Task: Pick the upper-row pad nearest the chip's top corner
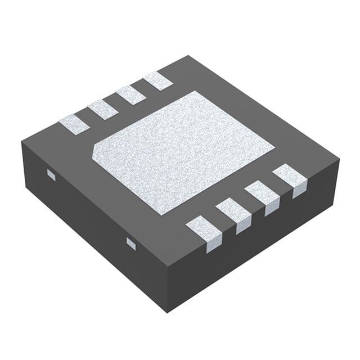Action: (157, 81)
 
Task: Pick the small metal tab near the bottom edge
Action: (131, 242)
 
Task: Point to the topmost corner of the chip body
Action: (191, 56)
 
